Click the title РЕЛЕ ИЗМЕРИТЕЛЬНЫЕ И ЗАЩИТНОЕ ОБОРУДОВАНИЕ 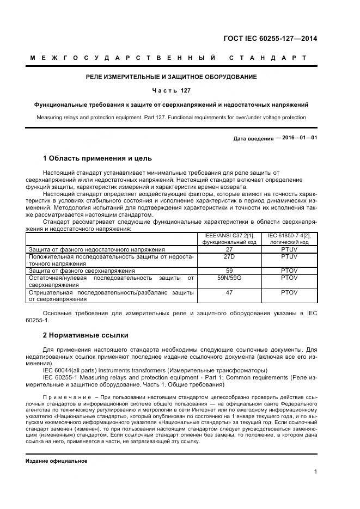click(171, 77)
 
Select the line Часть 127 click(171, 90)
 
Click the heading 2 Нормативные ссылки click(86, 335)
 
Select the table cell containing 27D click(229, 255)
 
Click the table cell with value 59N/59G click(229, 278)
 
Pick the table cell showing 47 click(229, 292)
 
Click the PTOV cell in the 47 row click(289, 292)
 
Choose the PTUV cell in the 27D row click(289, 255)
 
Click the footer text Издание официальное click(57, 461)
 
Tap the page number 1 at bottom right click(315, 472)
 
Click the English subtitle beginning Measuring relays click(171, 117)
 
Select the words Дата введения click(253, 138)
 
